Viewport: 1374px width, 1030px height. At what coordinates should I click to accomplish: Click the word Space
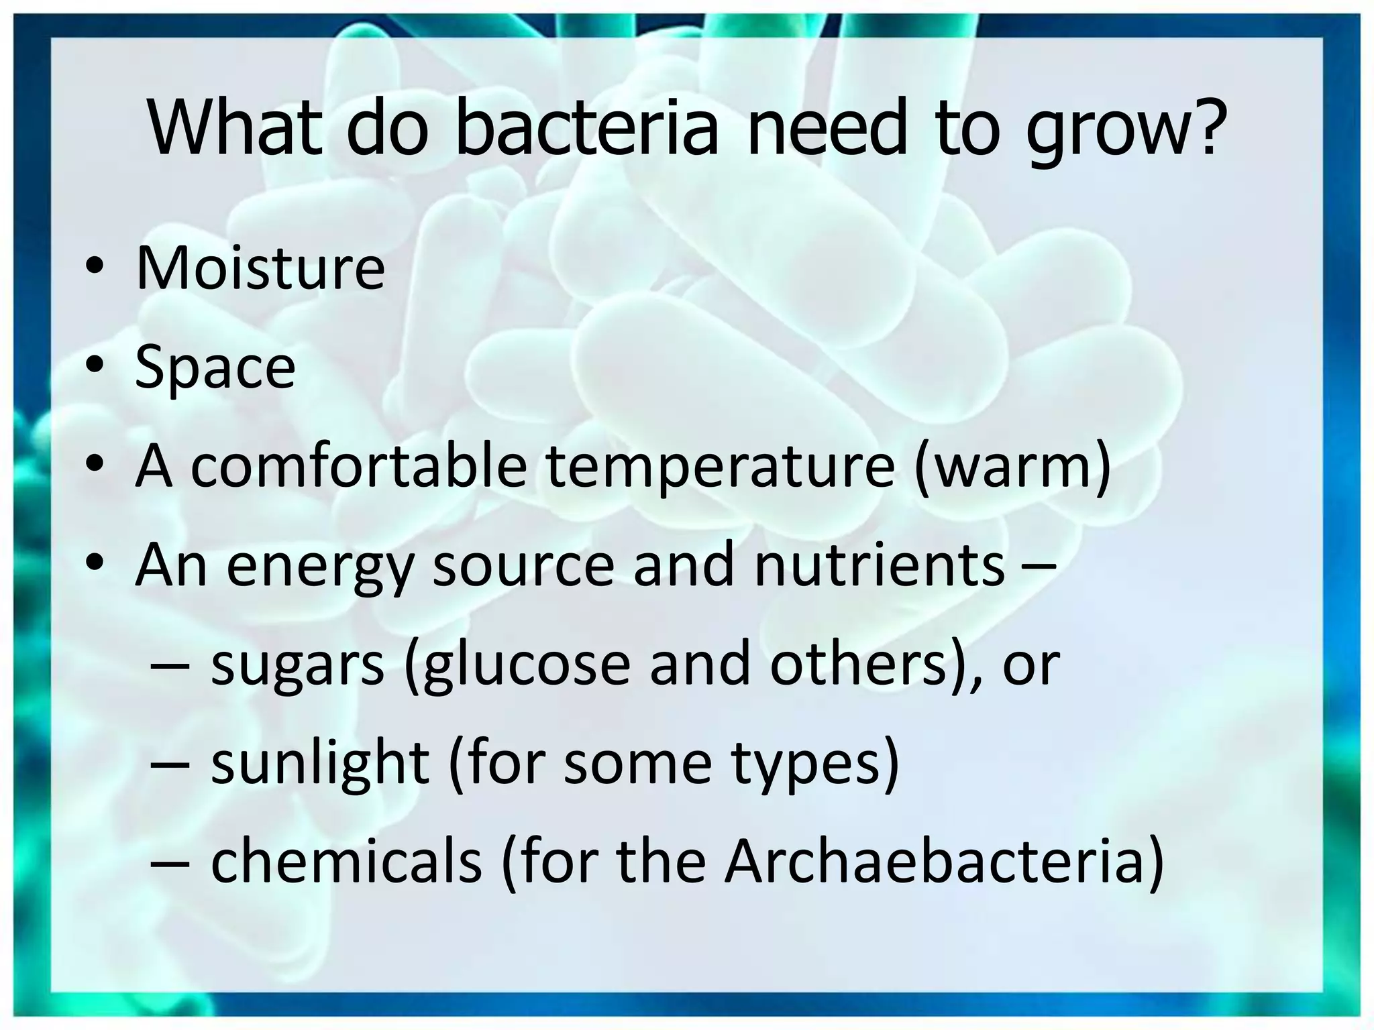(x=215, y=367)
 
